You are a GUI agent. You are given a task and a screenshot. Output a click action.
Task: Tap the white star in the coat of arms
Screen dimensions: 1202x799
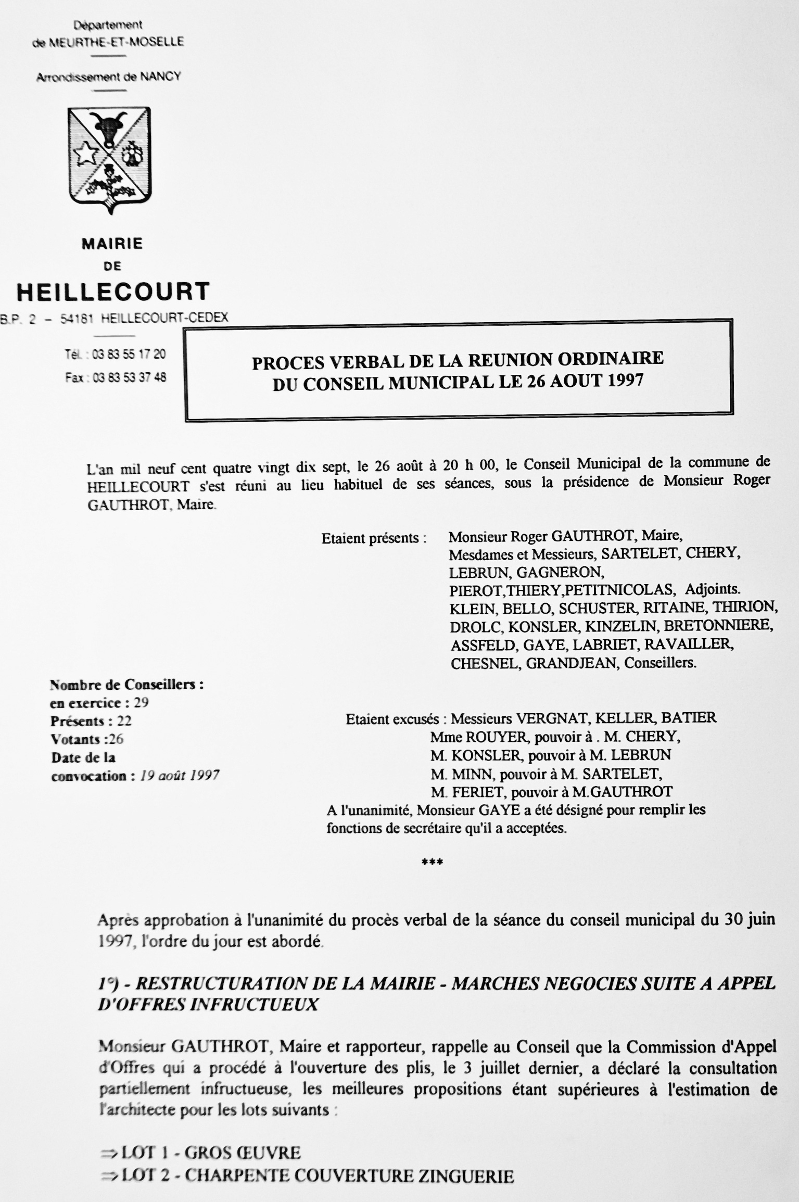(86, 155)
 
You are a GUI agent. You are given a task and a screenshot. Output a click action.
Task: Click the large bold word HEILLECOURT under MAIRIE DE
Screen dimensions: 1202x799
(113, 292)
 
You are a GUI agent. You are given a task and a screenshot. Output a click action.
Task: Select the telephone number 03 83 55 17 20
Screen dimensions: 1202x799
(129, 355)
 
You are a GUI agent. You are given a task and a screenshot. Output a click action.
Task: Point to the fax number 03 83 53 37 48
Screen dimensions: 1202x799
(129, 377)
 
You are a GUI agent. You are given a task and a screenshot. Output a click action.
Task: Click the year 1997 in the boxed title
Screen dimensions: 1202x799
(625, 381)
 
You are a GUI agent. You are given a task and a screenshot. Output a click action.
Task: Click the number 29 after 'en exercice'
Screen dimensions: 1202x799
(141, 703)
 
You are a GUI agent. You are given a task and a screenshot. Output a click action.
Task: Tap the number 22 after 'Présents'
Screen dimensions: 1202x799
(124, 721)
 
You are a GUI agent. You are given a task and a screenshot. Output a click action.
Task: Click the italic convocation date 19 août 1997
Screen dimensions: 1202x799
(180, 776)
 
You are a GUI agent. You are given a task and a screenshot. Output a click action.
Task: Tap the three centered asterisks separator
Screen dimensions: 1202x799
(432, 862)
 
